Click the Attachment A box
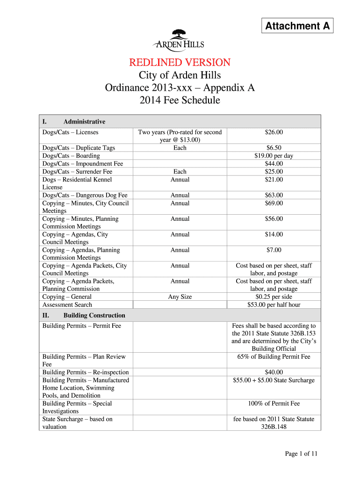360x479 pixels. coord(297,26)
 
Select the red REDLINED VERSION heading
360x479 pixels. coord(180,62)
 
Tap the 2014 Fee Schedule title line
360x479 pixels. coord(180,100)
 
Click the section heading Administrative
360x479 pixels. coord(84,122)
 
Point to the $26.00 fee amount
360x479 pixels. coord(274,132)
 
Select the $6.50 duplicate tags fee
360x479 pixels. coord(274,148)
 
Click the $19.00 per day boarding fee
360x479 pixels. coord(274,156)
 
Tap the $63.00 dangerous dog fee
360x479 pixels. coord(274,195)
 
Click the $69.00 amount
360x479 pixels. coord(274,203)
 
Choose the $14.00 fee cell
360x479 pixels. coord(274,234)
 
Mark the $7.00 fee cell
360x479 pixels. coord(274,250)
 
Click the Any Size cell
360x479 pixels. coord(180,297)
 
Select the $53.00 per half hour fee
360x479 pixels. coord(274,305)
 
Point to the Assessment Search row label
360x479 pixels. coord(67,305)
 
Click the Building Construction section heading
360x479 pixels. coord(94,315)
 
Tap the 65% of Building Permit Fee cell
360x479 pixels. coord(274,357)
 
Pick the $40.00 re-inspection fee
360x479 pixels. coord(274,372)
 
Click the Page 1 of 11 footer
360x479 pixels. coord(302,454)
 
